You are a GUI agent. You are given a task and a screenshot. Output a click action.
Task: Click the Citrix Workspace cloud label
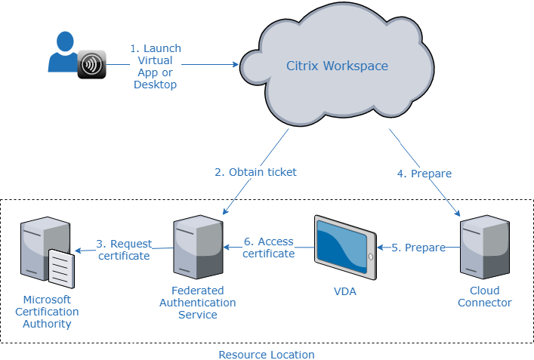click(x=337, y=66)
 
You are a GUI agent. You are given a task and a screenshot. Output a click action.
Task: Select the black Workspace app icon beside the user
click(x=91, y=65)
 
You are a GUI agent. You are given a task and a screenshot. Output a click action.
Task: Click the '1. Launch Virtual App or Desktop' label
click(x=156, y=66)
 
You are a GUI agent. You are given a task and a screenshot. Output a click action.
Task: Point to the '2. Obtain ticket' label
click(x=255, y=172)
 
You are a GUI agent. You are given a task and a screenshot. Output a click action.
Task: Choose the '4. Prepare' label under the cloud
click(x=424, y=174)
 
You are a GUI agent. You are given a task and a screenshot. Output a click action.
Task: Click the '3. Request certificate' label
click(x=124, y=250)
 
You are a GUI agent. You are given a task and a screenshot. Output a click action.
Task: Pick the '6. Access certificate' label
click(x=269, y=248)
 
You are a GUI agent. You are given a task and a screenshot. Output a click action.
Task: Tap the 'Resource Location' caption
click(x=267, y=354)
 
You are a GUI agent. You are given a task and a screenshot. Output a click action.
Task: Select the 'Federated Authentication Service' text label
click(x=197, y=302)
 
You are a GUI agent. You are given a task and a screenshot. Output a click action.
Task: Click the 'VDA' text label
click(x=344, y=291)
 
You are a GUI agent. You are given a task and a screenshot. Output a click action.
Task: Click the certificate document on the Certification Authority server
click(x=62, y=269)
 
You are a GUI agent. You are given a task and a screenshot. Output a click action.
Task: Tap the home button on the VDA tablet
click(x=370, y=257)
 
